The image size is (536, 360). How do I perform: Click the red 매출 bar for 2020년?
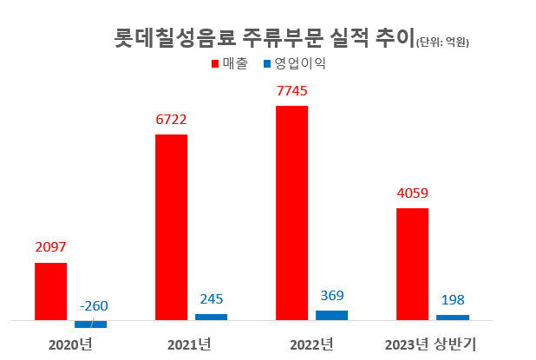point(50,291)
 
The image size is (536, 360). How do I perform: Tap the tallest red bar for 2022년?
point(291,213)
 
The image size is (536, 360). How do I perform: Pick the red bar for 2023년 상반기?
point(412,264)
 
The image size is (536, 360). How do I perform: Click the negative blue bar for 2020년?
point(90,324)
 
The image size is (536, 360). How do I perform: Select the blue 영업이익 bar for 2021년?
point(211,317)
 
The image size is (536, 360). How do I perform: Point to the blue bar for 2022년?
point(331,315)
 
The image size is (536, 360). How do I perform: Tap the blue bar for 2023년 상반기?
point(452,317)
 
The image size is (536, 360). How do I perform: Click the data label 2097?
point(50,247)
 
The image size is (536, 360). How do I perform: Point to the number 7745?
point(291,90)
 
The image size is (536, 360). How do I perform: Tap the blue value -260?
point(93,305)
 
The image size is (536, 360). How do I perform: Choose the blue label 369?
point(331,296)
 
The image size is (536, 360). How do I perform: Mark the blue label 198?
point(452,300)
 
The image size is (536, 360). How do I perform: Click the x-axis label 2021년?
point(191,344)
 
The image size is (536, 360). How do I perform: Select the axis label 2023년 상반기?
point(432,344)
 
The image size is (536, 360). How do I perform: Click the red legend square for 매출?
point(216,64)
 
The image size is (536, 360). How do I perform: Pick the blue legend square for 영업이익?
point(268,64)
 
